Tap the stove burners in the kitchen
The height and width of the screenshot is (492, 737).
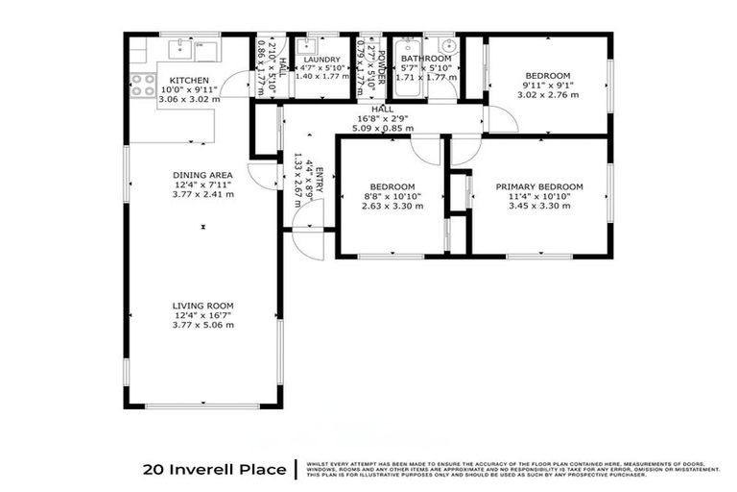point(143,85)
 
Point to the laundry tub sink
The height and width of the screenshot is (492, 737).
point(309,44)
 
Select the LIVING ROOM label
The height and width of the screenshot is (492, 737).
point(202,304)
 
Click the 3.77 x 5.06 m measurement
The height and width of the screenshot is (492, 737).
point(202,326)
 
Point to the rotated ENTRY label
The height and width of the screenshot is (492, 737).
point(320,184)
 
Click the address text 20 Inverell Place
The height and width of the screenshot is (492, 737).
point(214,470)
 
